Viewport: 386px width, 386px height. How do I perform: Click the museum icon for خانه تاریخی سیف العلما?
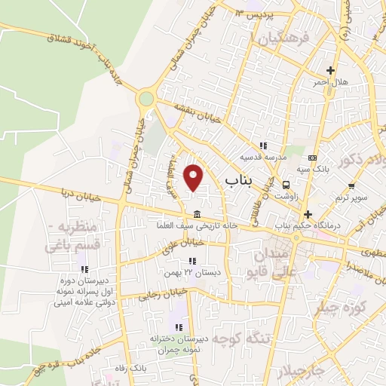[x=196, y=212]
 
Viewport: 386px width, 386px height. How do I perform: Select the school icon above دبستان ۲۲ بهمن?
[x=192, y=261]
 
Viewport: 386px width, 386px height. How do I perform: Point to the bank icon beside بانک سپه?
[x=313, y=158]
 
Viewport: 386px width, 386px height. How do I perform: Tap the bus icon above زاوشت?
[x=286, y=184]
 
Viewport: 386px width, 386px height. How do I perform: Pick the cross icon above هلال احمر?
[x=330, y=70]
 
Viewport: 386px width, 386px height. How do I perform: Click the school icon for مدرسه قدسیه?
[x=263, y=146]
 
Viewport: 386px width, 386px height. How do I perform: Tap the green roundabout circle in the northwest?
[x=146, y=99]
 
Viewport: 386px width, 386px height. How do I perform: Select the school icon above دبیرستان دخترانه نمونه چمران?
[x=178, y=327]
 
